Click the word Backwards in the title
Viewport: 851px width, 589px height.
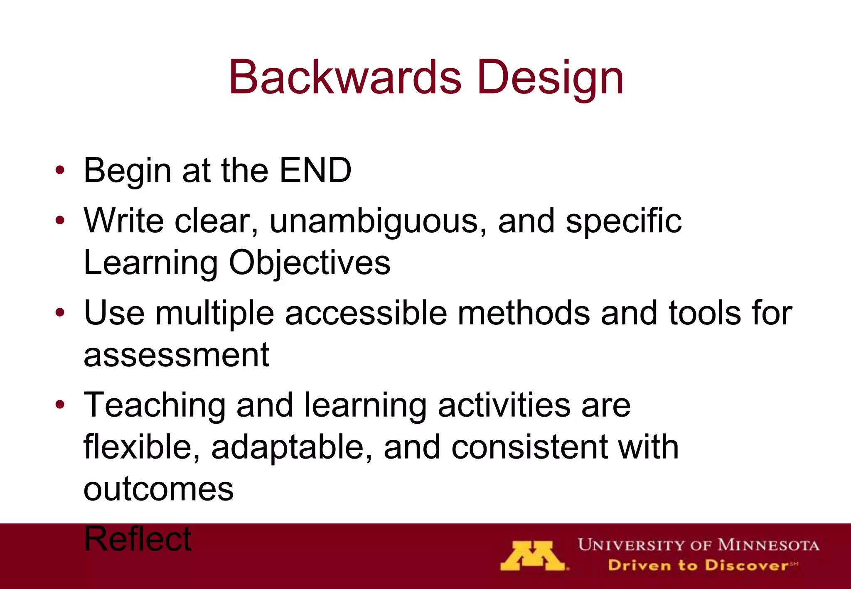pos(345,78)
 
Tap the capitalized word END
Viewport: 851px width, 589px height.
pos(315,170)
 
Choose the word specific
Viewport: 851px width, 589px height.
pos(623,221)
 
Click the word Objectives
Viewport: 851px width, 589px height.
pos(310,263)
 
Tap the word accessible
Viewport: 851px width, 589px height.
pos(366,313)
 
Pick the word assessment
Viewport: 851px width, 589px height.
pos(177,355)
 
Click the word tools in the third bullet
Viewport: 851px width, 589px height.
pos(704,313)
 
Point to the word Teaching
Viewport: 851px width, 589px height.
pos(155,405)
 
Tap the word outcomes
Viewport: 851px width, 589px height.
pos(158,489)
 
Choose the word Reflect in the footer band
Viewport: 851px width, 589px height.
pos(138,539)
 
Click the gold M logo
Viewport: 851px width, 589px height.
pos(533,556)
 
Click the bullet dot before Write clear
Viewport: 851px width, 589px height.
pos(60,221)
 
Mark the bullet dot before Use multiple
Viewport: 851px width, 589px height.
pos(60,312)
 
